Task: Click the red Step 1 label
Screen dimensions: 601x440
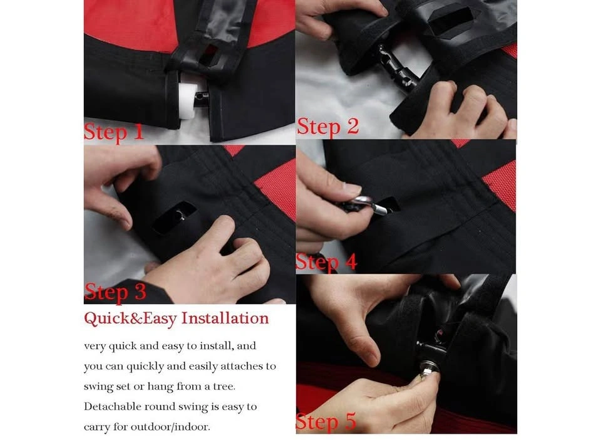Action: click(114, 132)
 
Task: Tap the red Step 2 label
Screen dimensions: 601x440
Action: click(328, 127)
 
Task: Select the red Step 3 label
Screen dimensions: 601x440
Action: click(115, 292)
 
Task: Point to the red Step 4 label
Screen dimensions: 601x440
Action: click(327, 263)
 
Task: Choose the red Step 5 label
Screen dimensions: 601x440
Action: click(326, 422)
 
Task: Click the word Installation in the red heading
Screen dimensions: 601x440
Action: click(225, 318)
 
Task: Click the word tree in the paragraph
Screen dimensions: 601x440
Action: click(224, 386)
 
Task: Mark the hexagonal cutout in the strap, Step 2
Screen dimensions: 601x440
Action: click(449, 21)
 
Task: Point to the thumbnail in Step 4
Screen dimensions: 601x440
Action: click(352, 189)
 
